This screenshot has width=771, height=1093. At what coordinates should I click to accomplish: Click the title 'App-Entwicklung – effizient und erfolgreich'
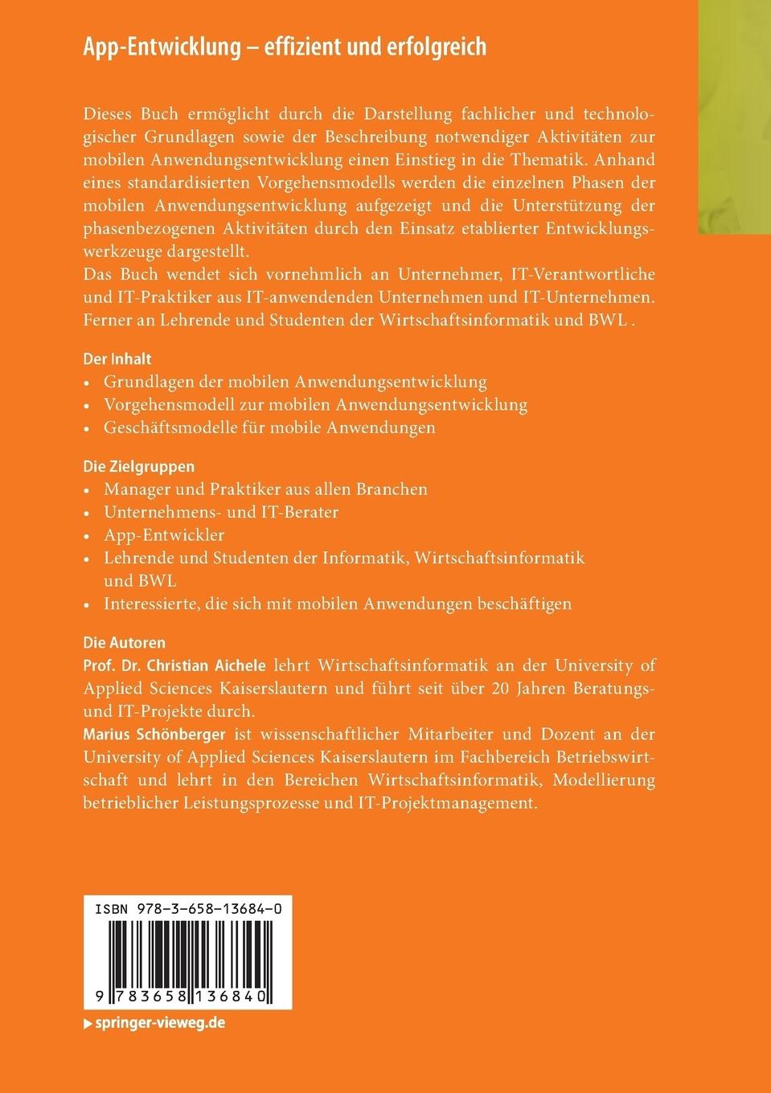coord(285,47)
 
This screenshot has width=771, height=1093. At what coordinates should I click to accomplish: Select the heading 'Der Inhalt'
coord(117,359)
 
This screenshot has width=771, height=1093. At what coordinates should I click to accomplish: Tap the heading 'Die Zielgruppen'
coord(139,466)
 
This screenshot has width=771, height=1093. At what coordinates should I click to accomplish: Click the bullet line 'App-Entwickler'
coord(164,534)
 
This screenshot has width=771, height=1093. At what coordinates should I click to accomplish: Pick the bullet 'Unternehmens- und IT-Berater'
coord(221,511)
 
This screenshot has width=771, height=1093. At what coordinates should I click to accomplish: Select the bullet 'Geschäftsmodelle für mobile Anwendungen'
coord(269,428)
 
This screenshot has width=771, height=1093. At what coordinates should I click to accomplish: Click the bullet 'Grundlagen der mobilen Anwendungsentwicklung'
coord(295,381)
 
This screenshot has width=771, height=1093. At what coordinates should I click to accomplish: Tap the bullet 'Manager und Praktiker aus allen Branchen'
coord(265,489)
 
